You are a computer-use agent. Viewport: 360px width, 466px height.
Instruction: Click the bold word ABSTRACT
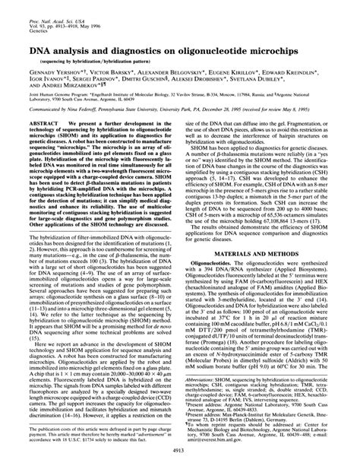[x=43, y=143]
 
